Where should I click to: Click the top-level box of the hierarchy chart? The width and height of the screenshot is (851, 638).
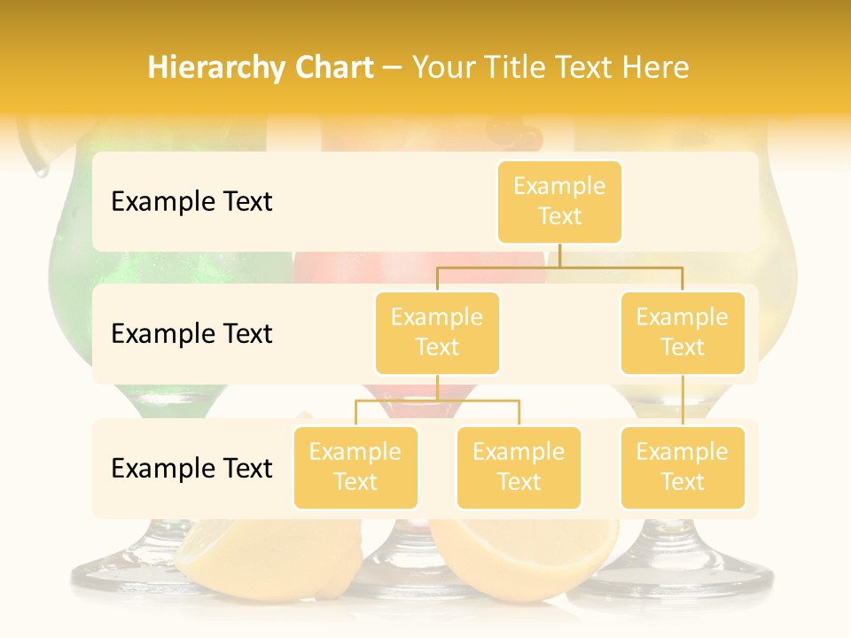point(559,202)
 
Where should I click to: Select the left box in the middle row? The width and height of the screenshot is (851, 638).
point(437,333)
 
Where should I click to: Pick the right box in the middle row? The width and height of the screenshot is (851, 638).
point(683,333)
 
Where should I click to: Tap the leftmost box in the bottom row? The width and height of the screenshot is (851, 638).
point(355,468)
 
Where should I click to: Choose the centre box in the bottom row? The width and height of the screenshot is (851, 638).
point(519,468)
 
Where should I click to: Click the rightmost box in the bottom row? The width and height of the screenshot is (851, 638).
point(683,468)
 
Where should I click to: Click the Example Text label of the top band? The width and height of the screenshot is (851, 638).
point(191,202)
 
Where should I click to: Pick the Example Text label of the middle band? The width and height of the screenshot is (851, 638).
point(191,334)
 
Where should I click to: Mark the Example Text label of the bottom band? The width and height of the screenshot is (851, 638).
point(191,469)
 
